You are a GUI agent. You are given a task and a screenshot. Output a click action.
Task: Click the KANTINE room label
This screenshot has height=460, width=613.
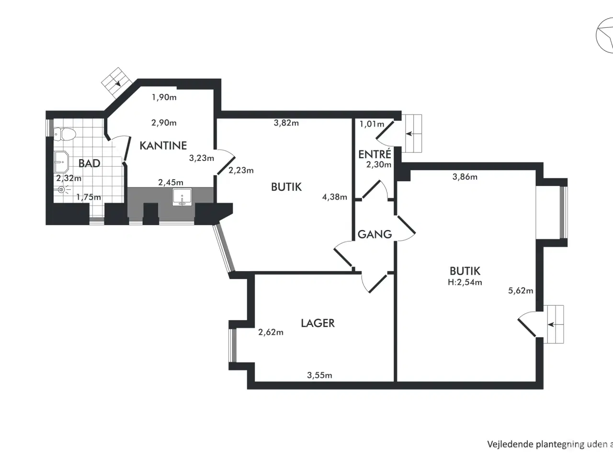click(x=163, y=146)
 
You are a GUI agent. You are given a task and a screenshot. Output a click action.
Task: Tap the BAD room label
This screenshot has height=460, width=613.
click(x=90, y=163)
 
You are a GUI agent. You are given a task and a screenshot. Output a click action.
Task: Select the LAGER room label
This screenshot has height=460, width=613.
click(x=318, y=323)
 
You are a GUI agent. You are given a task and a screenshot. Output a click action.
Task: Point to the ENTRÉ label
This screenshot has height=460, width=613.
click(x=375, y=154)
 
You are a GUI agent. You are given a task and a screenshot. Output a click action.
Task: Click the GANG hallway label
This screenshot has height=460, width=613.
click(x=375, y=234)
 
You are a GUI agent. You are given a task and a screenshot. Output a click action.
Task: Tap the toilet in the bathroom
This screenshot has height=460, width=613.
click(x=65, y=134)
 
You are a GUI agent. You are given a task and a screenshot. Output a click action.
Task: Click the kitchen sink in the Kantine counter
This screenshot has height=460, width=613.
click(x=182, y=197)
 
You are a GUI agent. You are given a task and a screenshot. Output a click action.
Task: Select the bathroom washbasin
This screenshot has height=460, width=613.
click(x=61, y=162)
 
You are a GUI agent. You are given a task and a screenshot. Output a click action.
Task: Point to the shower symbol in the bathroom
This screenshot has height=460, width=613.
click(x=62, y=190)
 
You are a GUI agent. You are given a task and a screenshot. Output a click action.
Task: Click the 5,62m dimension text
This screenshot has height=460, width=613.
click(x=521, y=291)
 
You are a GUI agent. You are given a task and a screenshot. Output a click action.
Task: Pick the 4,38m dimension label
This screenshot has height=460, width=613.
click(x=335, y=197)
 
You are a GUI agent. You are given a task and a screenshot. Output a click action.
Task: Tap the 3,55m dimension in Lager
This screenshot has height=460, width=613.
click(x=319, y=375)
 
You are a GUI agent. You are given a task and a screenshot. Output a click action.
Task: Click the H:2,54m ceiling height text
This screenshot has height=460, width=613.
click(x=465, y=282)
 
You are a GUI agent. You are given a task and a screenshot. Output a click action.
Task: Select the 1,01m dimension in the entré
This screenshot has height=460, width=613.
click(x=372, y=124)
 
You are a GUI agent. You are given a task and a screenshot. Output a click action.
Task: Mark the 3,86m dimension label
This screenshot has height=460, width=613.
click(x=465, y=177)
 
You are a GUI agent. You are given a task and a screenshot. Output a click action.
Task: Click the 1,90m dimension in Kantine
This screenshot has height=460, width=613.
click(x=164, y=97)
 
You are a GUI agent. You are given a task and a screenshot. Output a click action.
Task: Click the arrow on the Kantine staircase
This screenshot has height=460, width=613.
click(x=118, y=82)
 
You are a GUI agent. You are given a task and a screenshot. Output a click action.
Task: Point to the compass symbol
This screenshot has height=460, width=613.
click(x=605, y=35)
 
